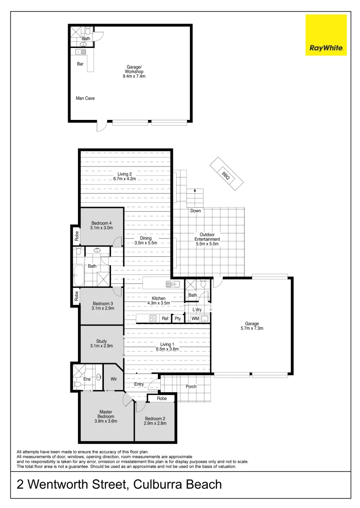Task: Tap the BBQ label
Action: tap(226, 175)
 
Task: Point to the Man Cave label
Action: tap(85, 98)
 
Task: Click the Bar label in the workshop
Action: tap(80, 64)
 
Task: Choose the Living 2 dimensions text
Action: tap(124, 179)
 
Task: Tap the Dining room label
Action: tap(146, 238)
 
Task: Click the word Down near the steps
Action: tap(196, 211)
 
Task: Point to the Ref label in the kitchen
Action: tap(165, 318)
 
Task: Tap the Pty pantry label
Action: tap(178, 318)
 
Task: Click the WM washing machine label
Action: tap(195, 318)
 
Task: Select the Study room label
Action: tap(102, 341)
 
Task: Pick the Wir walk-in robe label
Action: tap(113, 378)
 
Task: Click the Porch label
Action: tap(191, 387)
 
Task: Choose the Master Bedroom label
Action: tap(106, 414)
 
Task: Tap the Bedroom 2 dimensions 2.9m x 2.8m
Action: tap(155, 423)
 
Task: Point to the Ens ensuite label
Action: tap(87, 379)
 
